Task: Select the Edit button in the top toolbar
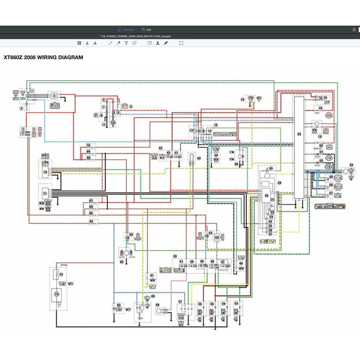point(146,29)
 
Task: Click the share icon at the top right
point(354,29)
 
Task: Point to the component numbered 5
point(54,95)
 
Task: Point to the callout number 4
point(23,129)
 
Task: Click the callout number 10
point(113,122)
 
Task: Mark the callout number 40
point(198,158)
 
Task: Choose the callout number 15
point(242,99)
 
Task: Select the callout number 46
point(209,234)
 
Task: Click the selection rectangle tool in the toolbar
point(181,43)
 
